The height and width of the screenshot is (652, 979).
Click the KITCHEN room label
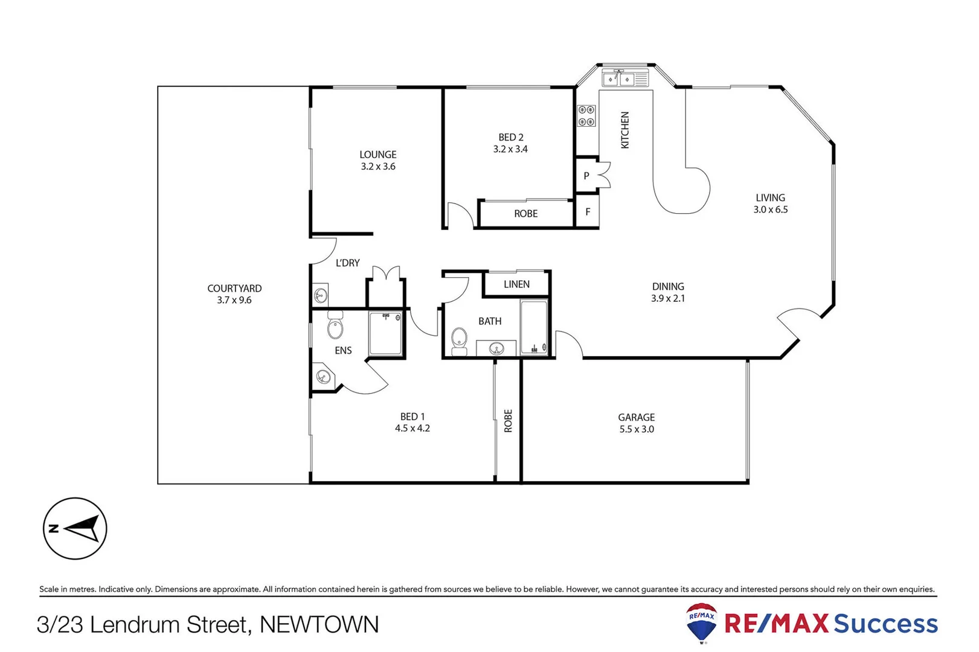[625, 130]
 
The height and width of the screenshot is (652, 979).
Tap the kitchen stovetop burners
[586, 116]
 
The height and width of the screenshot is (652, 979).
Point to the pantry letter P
[586, 176]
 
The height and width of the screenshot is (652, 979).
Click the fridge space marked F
[588, 212]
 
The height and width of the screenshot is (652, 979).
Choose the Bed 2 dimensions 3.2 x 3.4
[510, 149]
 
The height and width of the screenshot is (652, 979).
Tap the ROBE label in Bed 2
[526, 214]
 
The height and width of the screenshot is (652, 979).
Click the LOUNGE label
[378, 155]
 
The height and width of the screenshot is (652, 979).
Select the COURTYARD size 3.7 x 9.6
[234, 300]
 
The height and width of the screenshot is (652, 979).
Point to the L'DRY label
[348, 263]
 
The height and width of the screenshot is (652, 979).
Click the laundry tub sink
[321, 295]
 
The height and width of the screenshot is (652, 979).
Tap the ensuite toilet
[335, 326]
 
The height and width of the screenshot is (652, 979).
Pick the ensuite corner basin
[324, 377]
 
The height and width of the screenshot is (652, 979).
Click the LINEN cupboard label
[516, 284]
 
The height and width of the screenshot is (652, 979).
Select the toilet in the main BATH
[460, 340]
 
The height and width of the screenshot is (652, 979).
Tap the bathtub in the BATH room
[534, 327]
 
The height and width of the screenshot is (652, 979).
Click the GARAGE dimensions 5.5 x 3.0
[637, 429]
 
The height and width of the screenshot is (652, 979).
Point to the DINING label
[668, 286]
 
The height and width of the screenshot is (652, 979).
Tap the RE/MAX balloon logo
[702, 622]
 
